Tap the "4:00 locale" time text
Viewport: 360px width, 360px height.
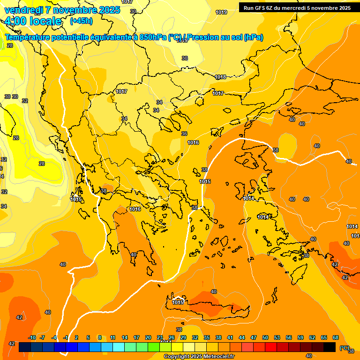click(33, 21)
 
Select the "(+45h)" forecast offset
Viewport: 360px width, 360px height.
click(81, 21)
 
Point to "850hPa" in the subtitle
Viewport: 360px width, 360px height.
click(153, 37)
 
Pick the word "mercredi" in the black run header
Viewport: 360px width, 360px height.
click(295, 8)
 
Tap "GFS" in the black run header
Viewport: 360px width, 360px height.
click(260, 8)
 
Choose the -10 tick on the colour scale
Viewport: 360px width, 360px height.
click(32, 337)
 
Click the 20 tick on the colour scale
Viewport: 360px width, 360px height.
click(148, 337)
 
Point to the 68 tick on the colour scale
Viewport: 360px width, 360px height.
click(335, 337)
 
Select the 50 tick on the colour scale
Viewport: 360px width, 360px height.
click(265, 337)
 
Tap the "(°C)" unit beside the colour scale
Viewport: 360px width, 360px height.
click(345, 348)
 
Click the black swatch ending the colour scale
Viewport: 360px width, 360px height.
click(330, 347)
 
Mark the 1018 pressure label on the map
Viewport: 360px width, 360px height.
click(220, 77)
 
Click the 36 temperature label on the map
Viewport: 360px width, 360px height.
click(184, 134)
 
